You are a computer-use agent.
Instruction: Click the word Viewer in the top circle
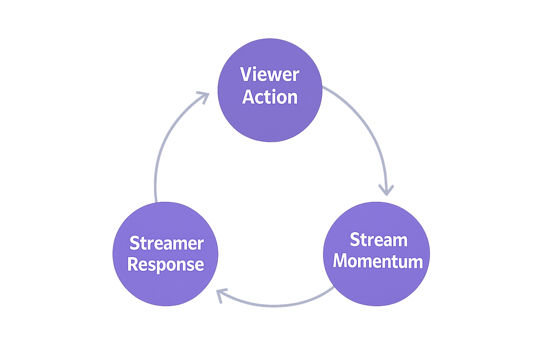(270, 75)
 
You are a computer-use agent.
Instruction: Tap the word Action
(270, 97)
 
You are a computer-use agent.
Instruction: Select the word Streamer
(166, 243)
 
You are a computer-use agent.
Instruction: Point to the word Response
(166, 264)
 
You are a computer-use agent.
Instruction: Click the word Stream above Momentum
(378, 240)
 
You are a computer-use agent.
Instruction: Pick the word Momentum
(378, 262)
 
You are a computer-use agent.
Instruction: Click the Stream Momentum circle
(376, 285)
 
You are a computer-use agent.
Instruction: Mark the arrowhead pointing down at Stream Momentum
(386, 190)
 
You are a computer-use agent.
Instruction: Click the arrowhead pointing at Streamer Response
(221, 295)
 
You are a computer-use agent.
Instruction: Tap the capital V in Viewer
(246, 75)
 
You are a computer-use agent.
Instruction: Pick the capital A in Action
(249, 97)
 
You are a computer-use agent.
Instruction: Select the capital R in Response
(134, 264)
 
